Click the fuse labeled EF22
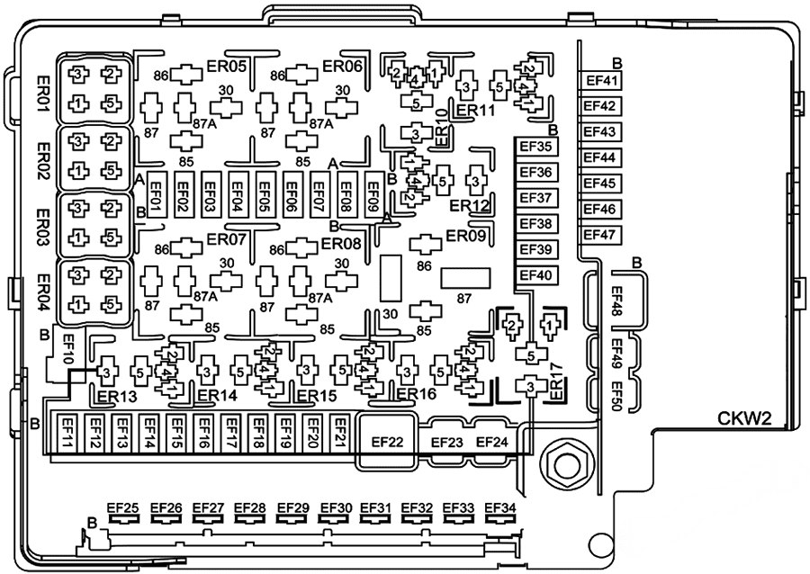(387, 441)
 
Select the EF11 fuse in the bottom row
(67, 436)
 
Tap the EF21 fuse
(340, 436)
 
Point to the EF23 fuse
(447, 442)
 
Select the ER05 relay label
(227, 66)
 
